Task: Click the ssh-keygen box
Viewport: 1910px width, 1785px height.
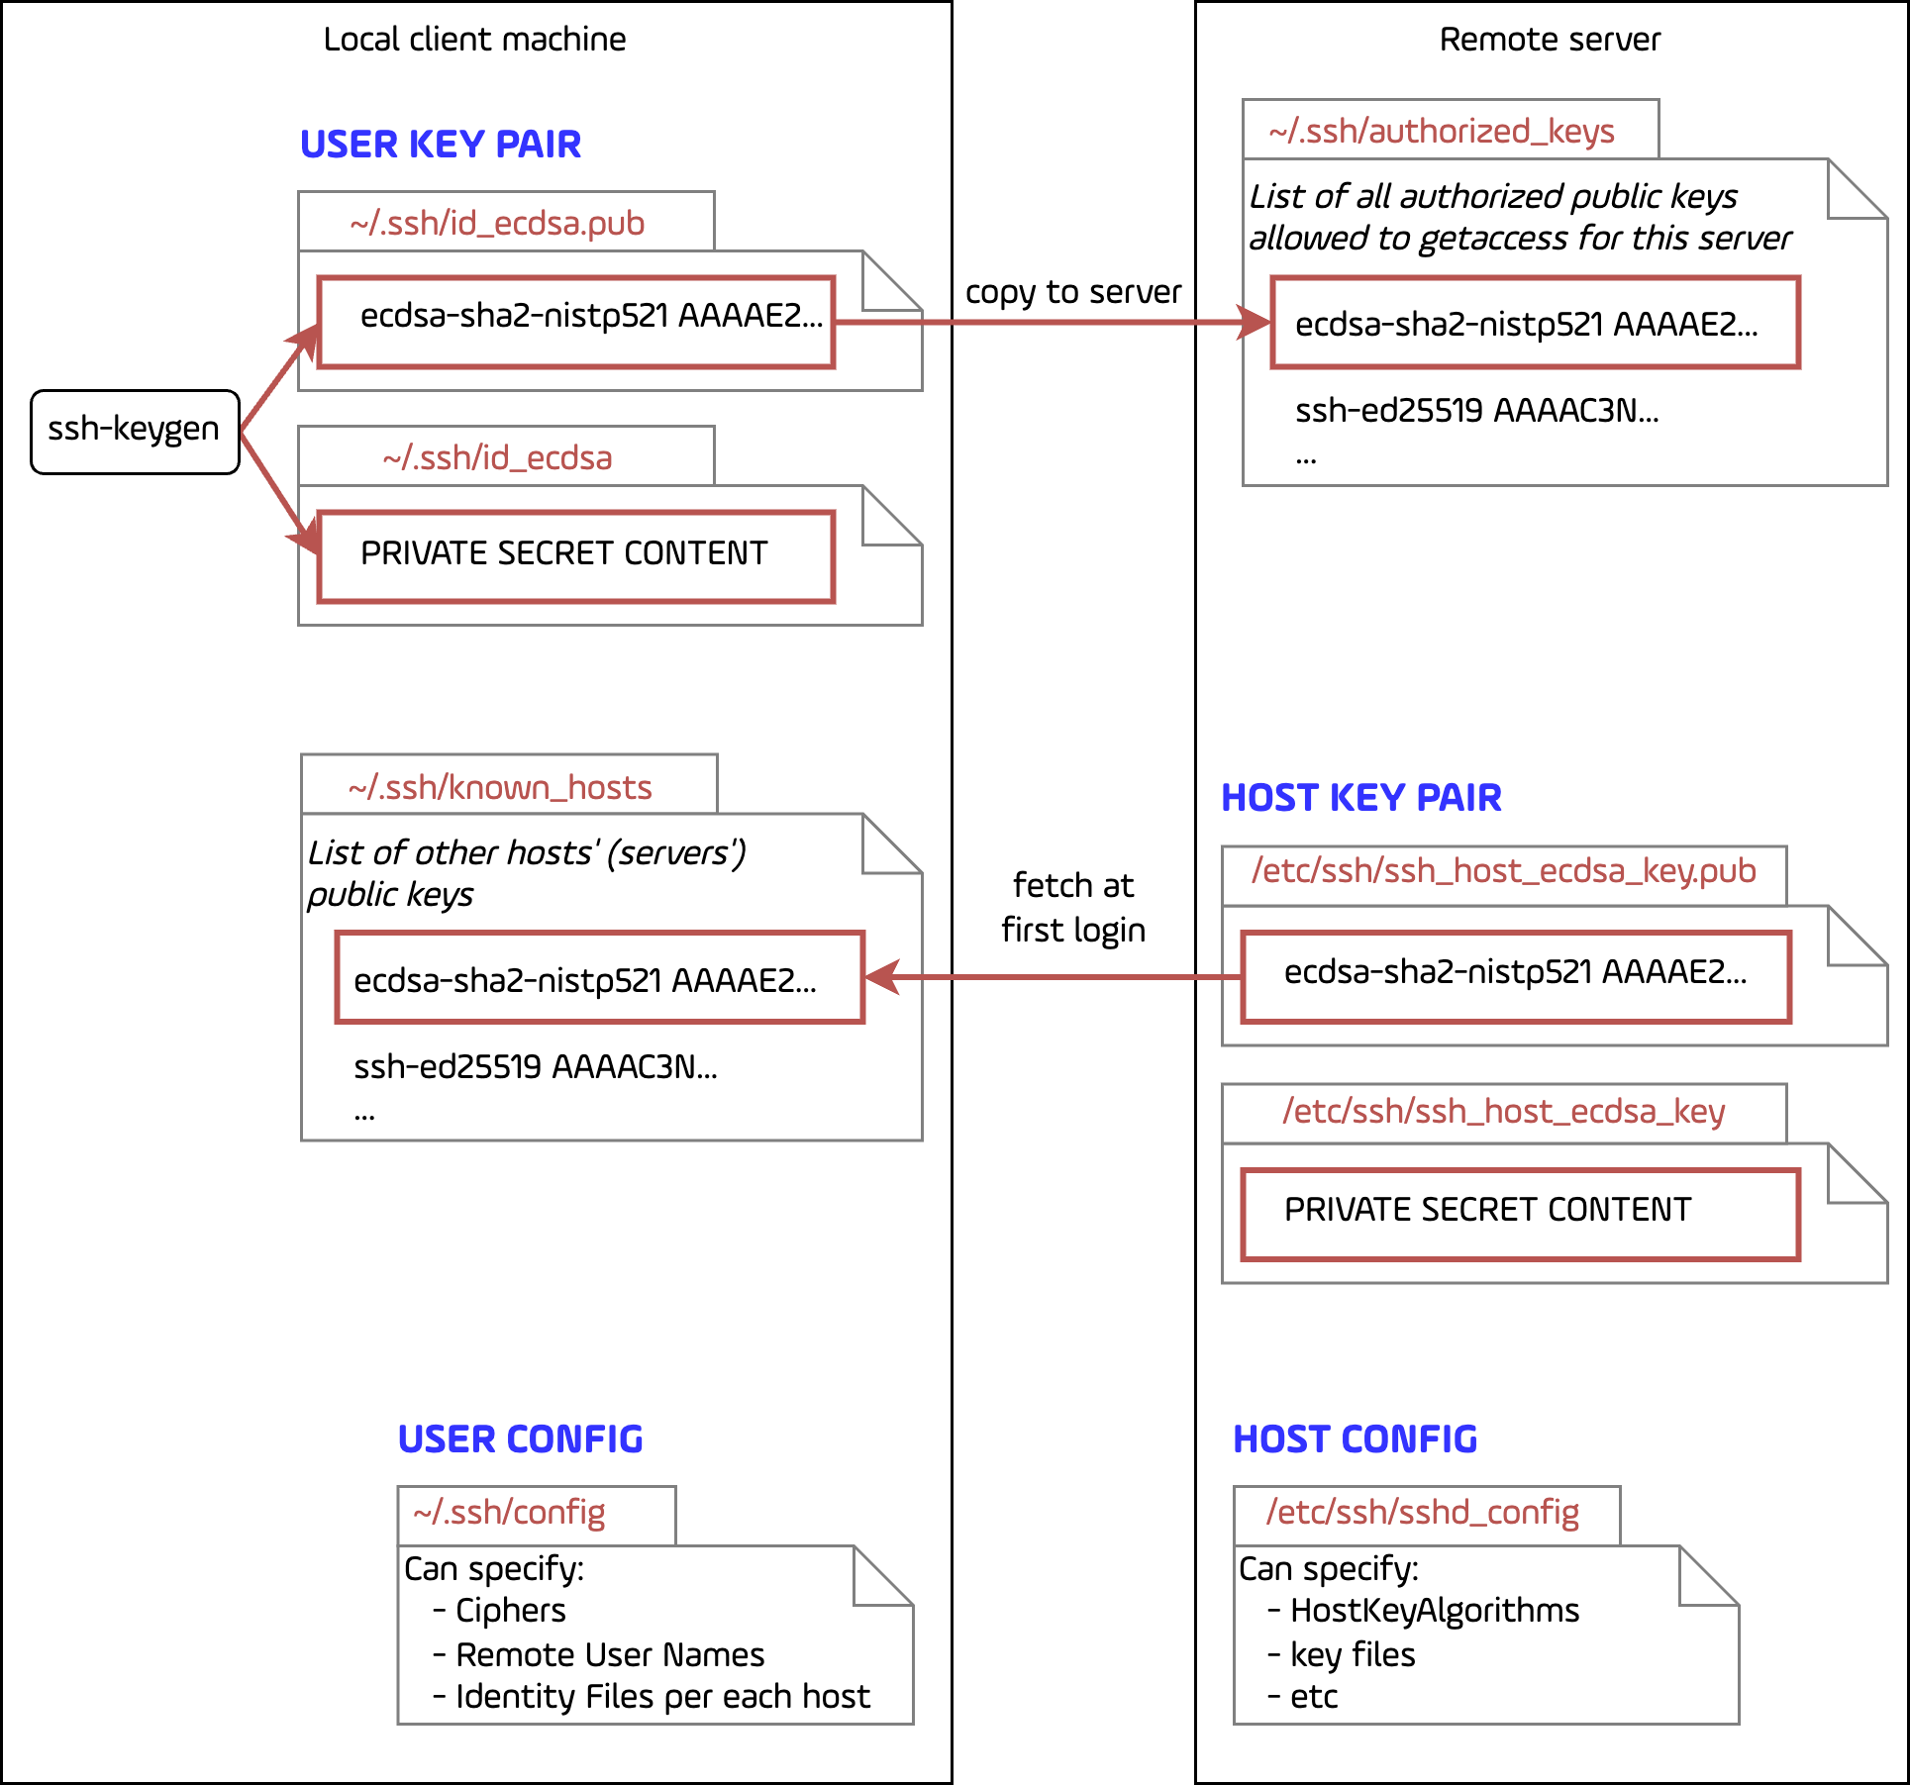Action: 134,431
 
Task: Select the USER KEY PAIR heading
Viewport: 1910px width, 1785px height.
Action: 441,145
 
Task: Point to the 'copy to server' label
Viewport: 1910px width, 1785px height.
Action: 1072,292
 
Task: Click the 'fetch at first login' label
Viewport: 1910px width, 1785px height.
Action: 1072,907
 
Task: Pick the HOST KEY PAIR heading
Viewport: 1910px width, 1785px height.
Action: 1360,798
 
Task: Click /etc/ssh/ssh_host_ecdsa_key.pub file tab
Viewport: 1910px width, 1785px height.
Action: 1503,871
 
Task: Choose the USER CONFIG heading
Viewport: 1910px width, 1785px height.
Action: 520,1439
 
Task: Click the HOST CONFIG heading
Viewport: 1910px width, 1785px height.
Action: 1355,1439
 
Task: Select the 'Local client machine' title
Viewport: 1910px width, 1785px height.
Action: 474,40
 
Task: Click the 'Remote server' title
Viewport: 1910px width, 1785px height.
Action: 1550,40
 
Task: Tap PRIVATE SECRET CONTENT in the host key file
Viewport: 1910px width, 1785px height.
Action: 1487,1210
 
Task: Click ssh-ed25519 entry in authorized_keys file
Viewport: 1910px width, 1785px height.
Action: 1476,410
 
